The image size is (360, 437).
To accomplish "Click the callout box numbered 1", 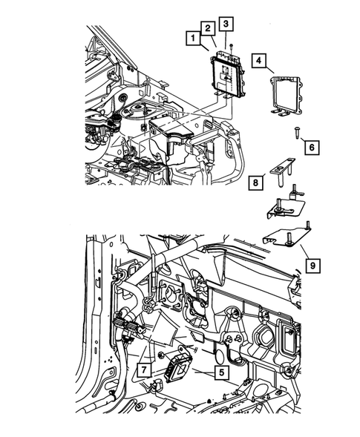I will [x=192, y=37].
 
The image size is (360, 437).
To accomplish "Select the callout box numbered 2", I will [x=209, y=29].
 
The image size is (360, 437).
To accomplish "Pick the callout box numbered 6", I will [x=311, y=148].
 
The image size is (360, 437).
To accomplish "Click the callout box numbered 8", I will [x=254, y=182].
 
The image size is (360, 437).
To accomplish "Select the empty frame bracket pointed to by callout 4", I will [x=284, y=93].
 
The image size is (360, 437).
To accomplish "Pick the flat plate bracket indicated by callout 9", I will [x=286, y=237].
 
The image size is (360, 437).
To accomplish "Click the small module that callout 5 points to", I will [x=176, y=367].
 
